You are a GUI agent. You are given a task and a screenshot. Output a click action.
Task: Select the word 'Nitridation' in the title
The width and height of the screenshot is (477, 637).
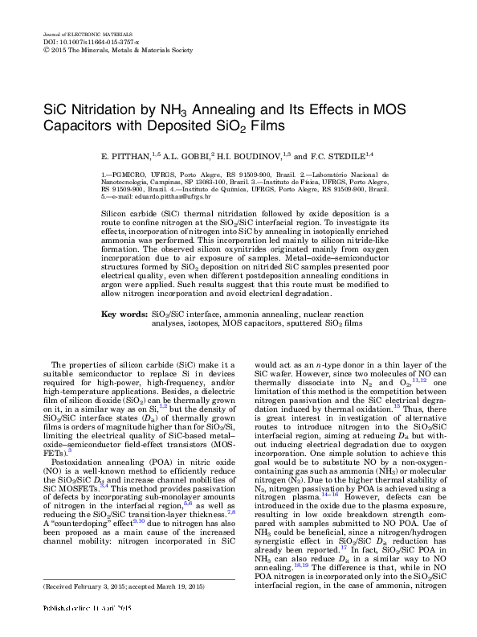100,112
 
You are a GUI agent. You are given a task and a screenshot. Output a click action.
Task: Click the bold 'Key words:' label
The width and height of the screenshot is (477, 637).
124,314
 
